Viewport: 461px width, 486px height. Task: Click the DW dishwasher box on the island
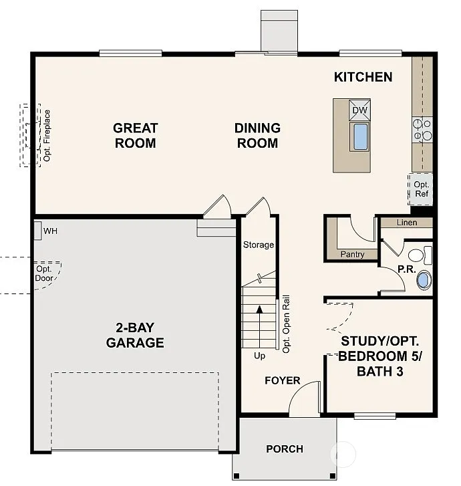(359, 110)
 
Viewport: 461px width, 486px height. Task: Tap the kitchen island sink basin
(360, 136)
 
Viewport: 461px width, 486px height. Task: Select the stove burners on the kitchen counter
(422, 130)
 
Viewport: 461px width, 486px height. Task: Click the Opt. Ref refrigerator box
(421, 189)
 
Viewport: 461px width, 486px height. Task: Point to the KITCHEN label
(363, 77)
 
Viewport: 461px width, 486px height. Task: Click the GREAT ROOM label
(135, 135)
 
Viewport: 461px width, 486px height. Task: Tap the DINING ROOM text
(257, 135)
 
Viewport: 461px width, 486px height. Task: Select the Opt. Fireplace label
(47, 135)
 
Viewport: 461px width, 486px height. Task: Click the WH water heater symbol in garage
(39, 231)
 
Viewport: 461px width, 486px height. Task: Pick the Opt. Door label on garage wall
(44, 273)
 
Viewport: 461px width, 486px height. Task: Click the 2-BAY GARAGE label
(135, 335)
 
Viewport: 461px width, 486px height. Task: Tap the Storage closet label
(258, 245)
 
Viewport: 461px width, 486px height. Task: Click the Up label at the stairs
(259, 356)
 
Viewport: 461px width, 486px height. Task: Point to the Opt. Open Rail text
(286, 324)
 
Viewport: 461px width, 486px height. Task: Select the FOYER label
(282, 381)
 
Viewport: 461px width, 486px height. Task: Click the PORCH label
(285, 449)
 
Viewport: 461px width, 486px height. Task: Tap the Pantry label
(352, 254)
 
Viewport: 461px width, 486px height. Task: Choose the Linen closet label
(406, 223)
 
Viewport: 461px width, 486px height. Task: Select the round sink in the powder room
(424, 279)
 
